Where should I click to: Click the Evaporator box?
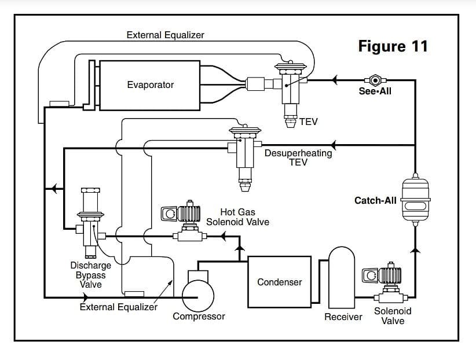pyautogui.click(x=149, y=85)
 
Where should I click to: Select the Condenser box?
pyautogui.click(x=279, y=282)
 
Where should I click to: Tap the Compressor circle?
pyautogui.click(x=198, y=296)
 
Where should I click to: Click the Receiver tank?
pyautogui.click(x=342, y=277)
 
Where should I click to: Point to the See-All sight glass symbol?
pyautogui.click(x=375, y=80)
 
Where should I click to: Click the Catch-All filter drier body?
pyautogui.click(x=415, y=200)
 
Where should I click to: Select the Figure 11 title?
pyautogui.click(x=393, y=46)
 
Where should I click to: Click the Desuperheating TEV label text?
pyautogui.click(x=298, y=157)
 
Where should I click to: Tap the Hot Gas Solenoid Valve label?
pyautogui.click(x=237, y=216)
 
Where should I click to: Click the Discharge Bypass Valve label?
pyautogui.click(x=90, y=275)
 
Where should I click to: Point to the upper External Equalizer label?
pyautogui.click(x=165, y=35)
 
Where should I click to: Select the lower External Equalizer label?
pyautogui.click(x=118, y=307)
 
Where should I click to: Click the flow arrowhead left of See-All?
pyautogui.click(x=335, y=80)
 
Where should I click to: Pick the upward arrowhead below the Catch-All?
pyautogui.click(x=415, y=250)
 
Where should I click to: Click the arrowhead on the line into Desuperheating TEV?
pyautogui.click(x=334, y=145)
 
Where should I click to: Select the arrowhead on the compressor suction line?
pyautogui.click(x=86, y=297)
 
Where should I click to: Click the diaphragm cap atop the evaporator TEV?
pyautogui.click(x=291, y=66)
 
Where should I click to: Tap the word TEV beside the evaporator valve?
pyautogui.click(x=309, y=122)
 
